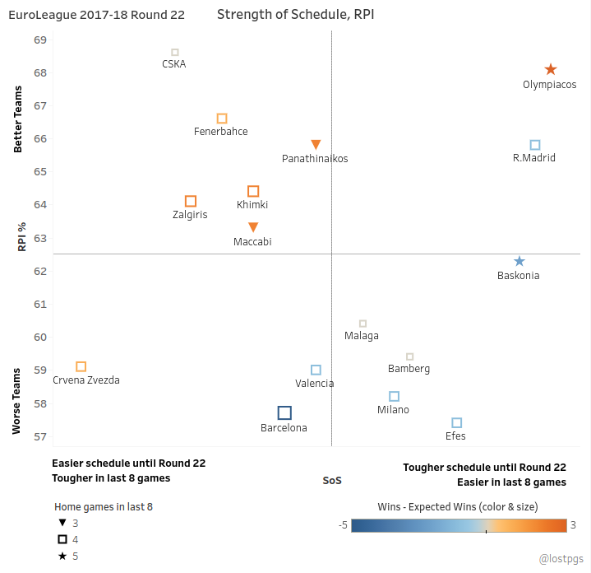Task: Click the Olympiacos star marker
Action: [551, 69]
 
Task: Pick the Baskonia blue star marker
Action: [519, 261]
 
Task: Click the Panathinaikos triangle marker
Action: [316, 144]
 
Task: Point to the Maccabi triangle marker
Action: [253, 227]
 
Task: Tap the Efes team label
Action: [455, 436]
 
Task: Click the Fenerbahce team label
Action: [221, 132]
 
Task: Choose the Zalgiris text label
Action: [190, 214]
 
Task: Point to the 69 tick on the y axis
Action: [40, 40]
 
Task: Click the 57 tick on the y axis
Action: [40, 436]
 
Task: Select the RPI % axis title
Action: [22, 236]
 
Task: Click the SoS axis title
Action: [332, 481]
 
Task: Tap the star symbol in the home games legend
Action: [62, 556]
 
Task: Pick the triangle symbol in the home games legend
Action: [62, 523]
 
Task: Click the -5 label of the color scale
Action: [343, 525]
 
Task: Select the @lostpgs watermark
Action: [561, 559]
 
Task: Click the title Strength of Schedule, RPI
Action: [296, 14]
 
